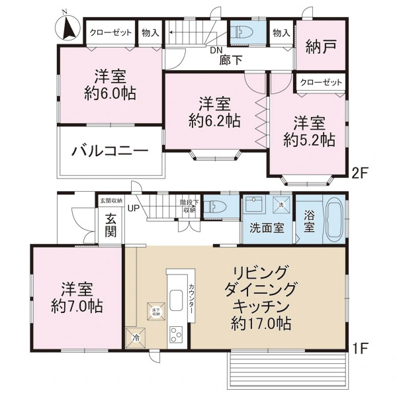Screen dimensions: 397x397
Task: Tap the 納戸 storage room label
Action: point(320,47)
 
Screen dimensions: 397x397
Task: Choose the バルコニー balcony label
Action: point(110,150)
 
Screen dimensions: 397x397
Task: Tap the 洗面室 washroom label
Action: point(266,228)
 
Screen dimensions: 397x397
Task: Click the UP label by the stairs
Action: point(133,208)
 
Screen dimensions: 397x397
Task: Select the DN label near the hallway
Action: point(216,50)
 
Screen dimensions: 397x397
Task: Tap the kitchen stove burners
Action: point(177,334)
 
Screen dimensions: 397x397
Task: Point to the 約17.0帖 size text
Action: point(263,324)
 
